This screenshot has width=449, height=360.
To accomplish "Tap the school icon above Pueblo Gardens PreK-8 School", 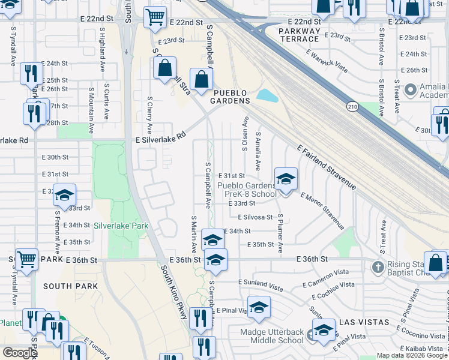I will pyautogui.click(x=286, y=178).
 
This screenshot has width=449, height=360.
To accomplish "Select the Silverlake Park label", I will pyautogui.click(x=121, y=226).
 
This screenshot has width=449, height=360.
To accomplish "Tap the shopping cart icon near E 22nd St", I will pyautogui.click(x=155, y=17).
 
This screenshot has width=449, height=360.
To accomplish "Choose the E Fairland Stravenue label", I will pyautogui.click(x=327, y=167).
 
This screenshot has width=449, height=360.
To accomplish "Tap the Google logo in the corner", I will pyautogui.click(x=20, y=353).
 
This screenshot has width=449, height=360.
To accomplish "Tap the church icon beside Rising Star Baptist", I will pyautogui.click(x=378, y=266).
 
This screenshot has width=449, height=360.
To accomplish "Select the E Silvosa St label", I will pyautogui.click(x=255, y=217).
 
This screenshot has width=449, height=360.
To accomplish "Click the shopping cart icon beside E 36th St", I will pyautogui.click(x=27, y=259).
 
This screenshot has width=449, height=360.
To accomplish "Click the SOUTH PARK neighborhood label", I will pyautogui.click(x=71, y=286).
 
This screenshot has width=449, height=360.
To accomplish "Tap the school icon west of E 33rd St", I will pyautogui.click(x=64, y=195).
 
